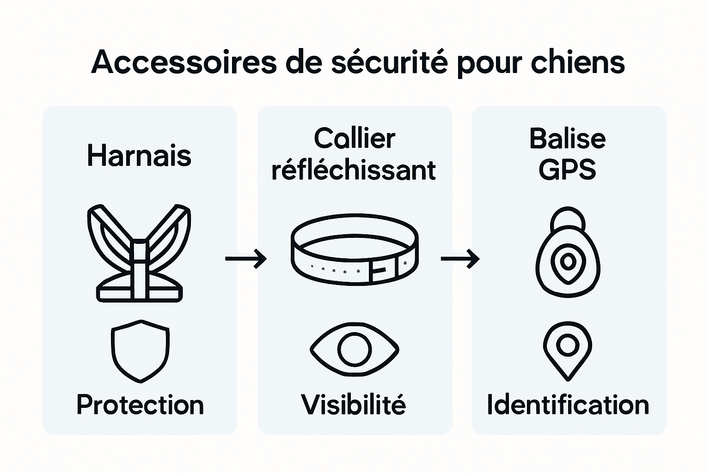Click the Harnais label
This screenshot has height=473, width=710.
(x=139, y=156)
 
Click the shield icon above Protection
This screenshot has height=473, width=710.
(x=140, y=351)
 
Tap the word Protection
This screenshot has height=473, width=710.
(x=140, y=405)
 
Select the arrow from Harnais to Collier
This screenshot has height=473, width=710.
(x=246, y=258)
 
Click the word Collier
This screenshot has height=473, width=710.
(x=355, y=138)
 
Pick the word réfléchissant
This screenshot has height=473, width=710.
(x=354, y=170)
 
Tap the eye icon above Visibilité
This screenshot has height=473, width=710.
(x=354, y=349)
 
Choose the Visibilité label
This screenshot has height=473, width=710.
(x=354, y=405)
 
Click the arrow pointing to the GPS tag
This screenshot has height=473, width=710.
(x=460, y=258)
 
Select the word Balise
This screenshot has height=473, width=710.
(x=567, y=138)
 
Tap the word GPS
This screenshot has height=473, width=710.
(x=567, y=170)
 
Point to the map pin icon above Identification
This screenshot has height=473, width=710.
(x=568, y=351)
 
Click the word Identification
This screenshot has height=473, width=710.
(x=568, y=405)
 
